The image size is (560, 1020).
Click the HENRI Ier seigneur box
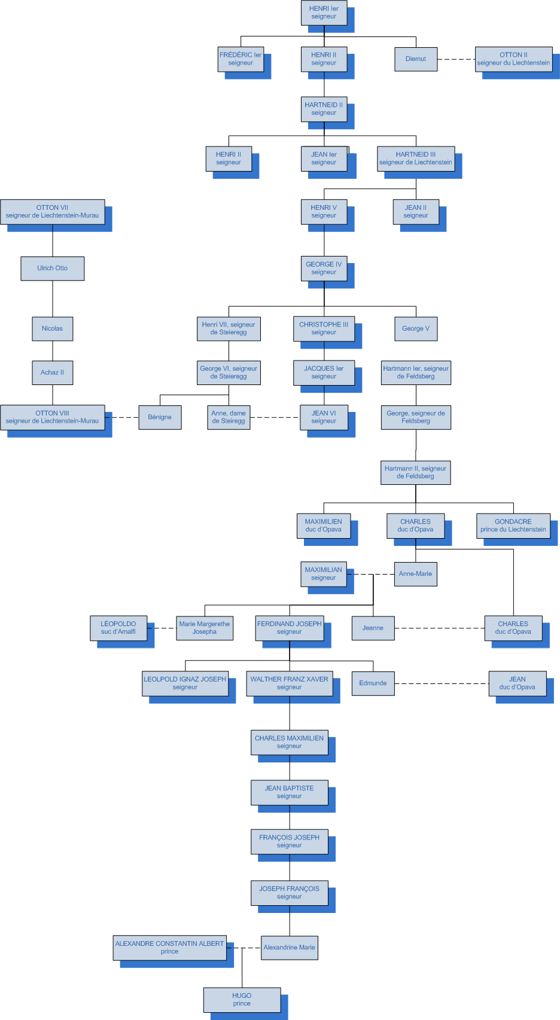point(324,13)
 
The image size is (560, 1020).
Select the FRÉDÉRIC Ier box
point(241,59)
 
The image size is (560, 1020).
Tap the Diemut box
point(416,59)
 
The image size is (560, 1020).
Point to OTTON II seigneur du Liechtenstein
point(513,59)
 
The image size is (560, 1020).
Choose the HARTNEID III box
point(416,158)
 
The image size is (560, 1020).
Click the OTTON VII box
point(53,212)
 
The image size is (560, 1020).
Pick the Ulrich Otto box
point(53,268)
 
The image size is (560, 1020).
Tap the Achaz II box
point(53,372)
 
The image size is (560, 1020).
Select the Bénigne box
point(160,417)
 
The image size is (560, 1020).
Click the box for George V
point(416,328)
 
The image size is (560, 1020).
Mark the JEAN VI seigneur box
point(324,417)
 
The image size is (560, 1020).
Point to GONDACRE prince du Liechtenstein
point(513,526)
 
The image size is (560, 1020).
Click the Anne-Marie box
point(415,574)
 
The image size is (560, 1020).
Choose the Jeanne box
point(373,628)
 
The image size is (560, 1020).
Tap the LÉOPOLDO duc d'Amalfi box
point(118,628)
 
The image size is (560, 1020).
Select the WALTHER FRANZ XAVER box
point(290,683)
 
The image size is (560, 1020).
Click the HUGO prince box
point(242,1000)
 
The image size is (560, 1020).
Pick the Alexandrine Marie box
point(290,948)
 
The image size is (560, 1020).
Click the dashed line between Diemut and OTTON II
point(456,59)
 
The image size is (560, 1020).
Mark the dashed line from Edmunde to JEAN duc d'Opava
point(442,683)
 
